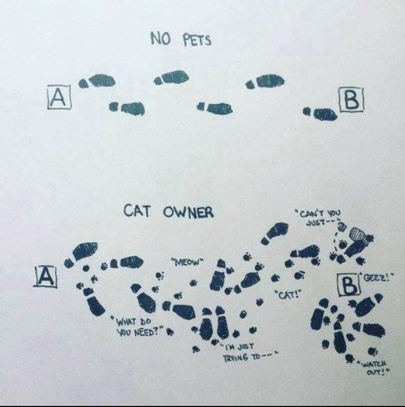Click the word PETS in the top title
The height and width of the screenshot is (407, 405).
coord(197,41)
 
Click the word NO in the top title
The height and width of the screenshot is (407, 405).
coord(161,39)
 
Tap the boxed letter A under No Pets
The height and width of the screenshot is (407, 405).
coord(60,97)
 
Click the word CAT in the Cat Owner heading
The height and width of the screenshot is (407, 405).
coord(137,210)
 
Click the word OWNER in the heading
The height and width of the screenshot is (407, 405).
coord(189,212)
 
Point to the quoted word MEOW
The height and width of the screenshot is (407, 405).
coord(187,262)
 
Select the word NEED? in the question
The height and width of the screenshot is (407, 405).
coord(148,332)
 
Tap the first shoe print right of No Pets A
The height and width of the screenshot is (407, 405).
coord(97,81)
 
